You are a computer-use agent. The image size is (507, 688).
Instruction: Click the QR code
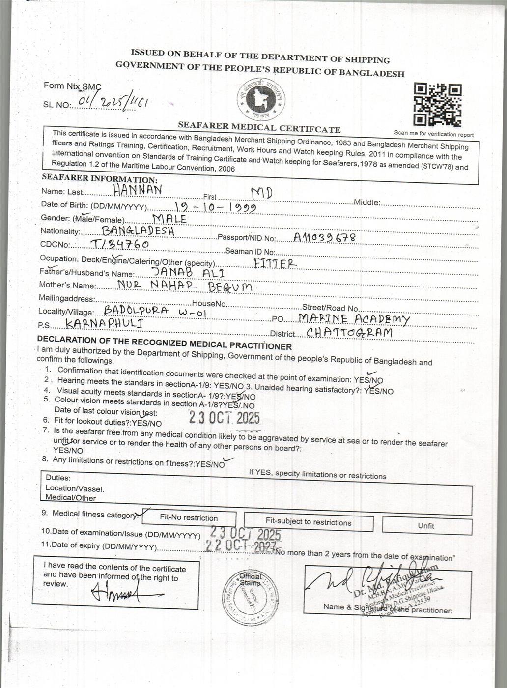(x=438, y=105)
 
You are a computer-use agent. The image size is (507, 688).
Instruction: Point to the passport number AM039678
(x=324, y=238)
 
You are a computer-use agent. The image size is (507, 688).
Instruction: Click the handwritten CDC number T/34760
(x=120, y=244)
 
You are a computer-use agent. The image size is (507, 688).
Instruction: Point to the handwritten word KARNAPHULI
(x=104, y=323)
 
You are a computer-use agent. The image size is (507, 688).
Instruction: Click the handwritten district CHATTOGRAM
(x=349, y=333)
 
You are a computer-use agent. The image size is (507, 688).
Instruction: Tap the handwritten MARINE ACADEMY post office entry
(x=354, y=319)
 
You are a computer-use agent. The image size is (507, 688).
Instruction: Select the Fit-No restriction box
(x=189, y=517)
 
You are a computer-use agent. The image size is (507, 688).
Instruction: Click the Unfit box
(x=426, y=525)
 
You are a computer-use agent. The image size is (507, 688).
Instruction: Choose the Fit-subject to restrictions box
(x=308, y=522)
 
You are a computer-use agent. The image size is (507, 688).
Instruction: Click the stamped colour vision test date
(x=225, y=418)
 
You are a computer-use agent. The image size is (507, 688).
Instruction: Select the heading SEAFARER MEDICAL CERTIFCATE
(x=259, y=128)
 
